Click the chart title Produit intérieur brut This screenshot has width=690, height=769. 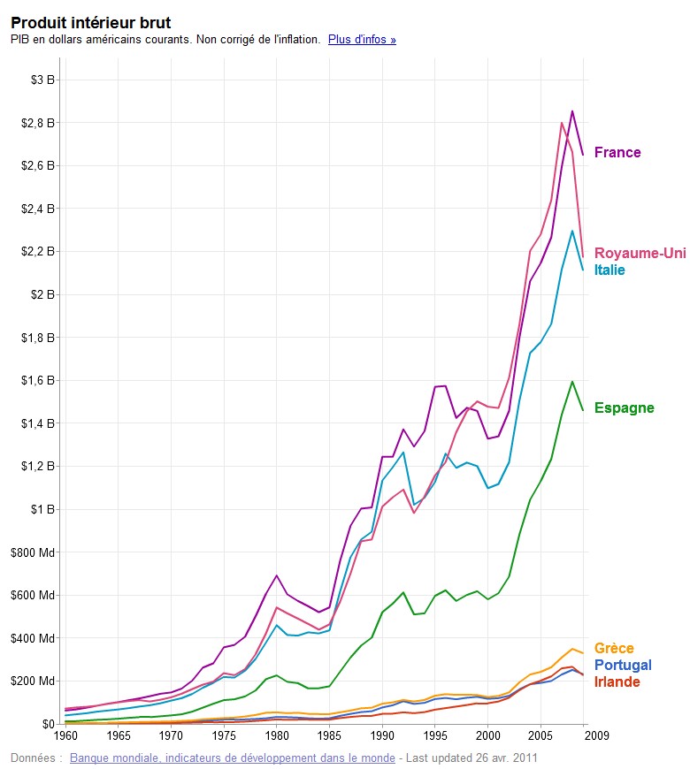pos(90,22)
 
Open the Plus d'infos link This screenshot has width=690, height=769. pos(362,40)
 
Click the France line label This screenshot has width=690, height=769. pos(617,152)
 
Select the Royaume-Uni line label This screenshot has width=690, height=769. pos(640,254)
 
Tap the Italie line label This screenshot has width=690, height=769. pos(609,270)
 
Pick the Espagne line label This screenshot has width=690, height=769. pos(624,407)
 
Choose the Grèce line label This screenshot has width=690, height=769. pos(614,648)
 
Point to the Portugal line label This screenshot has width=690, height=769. pos(623,665)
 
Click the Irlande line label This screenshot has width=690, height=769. pos(617,681)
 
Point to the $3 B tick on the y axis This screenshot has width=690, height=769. pos(42,80)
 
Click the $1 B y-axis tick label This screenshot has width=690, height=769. pos(42,509)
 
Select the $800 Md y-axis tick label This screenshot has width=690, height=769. pos(36,552)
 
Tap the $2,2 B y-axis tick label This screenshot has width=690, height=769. pos(37,252)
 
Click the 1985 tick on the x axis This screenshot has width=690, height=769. pos(329,735)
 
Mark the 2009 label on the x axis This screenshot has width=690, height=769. pos(596,735)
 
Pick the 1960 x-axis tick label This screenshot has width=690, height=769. pos(66,735)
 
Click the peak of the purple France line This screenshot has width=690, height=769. pos(572,111)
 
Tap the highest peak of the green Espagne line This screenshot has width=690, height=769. pos(572,381)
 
